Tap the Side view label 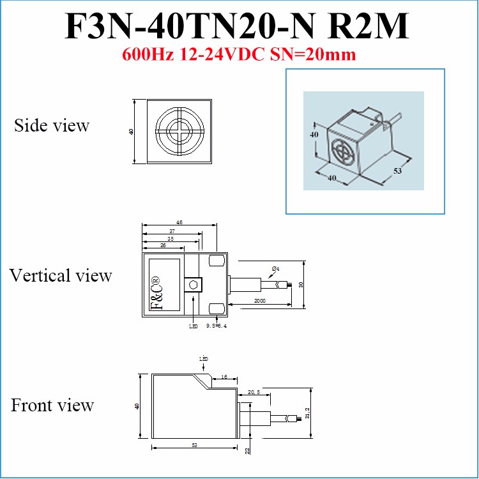(x=52, y=125)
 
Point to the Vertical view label (x=61, y=275)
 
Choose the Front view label (x=52, y=405)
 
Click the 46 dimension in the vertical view (x=179, y=222)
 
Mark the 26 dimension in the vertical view (x=163, y=245)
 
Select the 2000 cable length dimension (x=260, y=300)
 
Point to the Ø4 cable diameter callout (x=275, y=267)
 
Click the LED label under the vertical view (x=194, y=326)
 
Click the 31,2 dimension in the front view (x=307, y=413)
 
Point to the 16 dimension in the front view (x=225, y=377)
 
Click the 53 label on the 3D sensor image (x=397, y=171)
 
